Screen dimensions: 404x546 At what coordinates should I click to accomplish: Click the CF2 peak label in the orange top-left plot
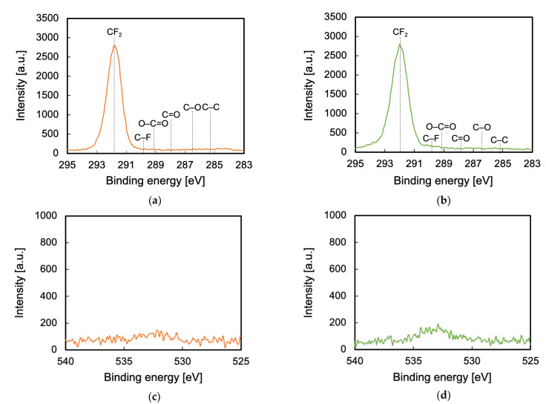114,33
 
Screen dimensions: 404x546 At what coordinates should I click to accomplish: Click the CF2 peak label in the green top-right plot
400,32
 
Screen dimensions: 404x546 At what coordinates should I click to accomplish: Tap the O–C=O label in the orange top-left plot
154,123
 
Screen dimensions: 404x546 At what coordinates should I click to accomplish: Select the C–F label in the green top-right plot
431,138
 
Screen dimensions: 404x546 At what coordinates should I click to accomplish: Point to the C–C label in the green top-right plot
500,139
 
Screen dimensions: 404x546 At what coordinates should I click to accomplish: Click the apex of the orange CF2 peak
114,45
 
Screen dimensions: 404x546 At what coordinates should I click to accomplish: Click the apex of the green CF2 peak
400,44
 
